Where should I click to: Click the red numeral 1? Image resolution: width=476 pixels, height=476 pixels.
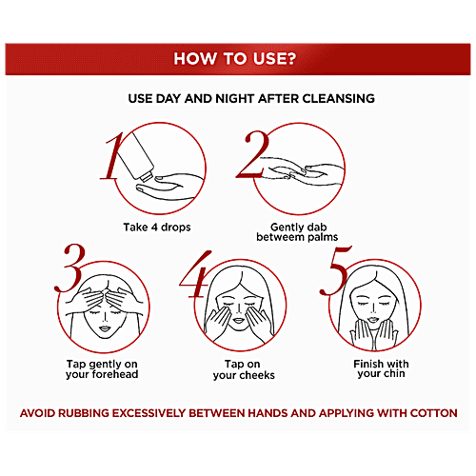[111, 156]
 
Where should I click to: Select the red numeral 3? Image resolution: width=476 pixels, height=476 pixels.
[70, 268]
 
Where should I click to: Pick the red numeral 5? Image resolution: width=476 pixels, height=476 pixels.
[335, 270]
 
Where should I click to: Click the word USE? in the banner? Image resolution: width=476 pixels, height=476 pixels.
[274, 59]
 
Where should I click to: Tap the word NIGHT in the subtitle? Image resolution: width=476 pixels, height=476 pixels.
[235, 99]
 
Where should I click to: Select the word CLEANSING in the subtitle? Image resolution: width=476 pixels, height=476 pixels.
[338, 99]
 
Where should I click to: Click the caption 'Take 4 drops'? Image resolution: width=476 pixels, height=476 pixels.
[157, 228]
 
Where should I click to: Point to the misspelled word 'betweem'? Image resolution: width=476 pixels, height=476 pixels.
[276, 237]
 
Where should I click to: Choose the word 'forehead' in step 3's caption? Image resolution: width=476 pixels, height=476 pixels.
[117, 374]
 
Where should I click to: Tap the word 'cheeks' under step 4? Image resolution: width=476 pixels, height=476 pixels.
[257, 375]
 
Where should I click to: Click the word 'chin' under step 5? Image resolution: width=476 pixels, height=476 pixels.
[394, 373]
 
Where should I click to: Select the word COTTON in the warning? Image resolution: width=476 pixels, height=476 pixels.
[433, 413]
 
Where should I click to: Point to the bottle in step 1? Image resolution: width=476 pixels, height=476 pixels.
[136, 157]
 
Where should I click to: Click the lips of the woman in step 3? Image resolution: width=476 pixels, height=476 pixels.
[105, 328]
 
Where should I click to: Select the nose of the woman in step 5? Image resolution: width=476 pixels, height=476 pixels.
[374, 307]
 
